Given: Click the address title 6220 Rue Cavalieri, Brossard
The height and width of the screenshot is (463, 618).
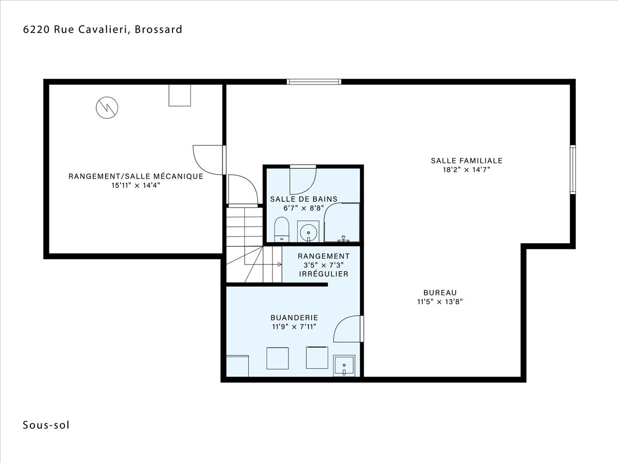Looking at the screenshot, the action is pos(103,29).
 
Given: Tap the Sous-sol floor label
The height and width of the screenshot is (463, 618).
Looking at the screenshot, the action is pos(46,425).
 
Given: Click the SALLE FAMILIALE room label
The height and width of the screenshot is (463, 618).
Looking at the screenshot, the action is pos(467,161).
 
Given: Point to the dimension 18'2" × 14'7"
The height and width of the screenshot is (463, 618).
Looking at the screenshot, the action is pos(467,170).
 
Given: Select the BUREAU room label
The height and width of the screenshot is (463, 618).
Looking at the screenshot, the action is pos(440,293).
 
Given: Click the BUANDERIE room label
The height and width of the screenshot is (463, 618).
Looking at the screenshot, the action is pos(294,317).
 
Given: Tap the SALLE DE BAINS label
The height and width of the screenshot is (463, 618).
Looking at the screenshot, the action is pos(304,199).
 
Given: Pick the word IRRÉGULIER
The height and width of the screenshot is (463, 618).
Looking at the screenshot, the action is pos(323,274).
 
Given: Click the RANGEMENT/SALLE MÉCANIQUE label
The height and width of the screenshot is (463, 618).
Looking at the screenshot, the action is pos(136,176).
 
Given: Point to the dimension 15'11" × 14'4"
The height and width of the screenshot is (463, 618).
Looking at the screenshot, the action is pos(136,185).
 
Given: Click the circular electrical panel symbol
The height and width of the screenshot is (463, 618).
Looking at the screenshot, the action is pos(107,108).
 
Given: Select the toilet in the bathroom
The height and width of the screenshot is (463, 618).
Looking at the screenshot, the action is pos(282,229).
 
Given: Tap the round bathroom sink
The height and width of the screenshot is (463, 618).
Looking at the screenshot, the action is pos(308,233).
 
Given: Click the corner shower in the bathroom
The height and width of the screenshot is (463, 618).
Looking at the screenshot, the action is pos(342,222).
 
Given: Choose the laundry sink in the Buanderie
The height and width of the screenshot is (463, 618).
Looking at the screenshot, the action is pos(344,366).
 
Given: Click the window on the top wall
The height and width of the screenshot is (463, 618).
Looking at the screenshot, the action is pos(314,82).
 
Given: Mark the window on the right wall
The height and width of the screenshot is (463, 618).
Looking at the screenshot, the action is pos(573,170).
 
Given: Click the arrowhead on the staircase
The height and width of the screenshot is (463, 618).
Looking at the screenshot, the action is pos(280,264).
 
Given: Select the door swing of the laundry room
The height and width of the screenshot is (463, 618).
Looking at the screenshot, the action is pos(347,329).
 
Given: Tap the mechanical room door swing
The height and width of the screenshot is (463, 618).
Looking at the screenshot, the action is pos(208,160).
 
